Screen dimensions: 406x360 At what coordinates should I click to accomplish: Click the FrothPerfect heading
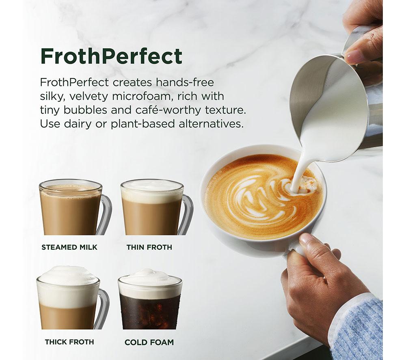(111, 56)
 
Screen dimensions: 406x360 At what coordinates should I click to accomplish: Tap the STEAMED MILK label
(69, 247)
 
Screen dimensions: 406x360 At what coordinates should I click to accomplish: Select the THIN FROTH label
(149, 247)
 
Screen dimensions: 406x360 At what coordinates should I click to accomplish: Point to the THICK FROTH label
(69, 342)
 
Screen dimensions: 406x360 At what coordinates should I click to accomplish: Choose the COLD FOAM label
(149, 342)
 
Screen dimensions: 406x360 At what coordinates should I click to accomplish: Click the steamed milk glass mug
(75, 207)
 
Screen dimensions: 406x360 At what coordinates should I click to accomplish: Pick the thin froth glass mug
(157, 207)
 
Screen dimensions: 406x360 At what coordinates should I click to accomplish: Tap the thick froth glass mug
(73, 297)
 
